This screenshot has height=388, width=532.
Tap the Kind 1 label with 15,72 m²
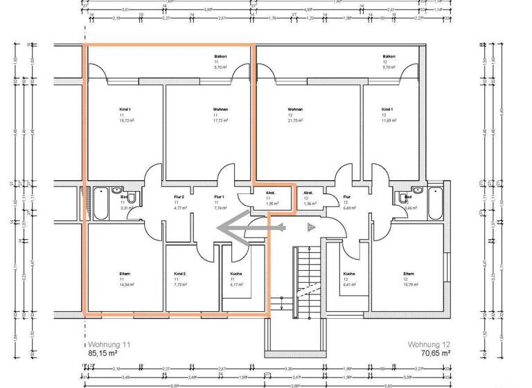click(125, 114)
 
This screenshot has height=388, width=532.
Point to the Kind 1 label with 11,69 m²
click(387, 114)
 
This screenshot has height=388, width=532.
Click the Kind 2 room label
click(181, 279)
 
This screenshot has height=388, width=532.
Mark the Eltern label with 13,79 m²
click(409, 279)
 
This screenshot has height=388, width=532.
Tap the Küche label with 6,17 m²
click(236, 279)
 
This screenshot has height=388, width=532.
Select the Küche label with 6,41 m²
click(349, 279)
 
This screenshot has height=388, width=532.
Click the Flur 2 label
click(179, 202)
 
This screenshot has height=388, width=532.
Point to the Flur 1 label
click(220, 202)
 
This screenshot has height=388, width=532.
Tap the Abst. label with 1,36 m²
click(309, 198)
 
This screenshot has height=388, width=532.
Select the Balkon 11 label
click(220, 62)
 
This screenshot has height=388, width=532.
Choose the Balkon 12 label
click(389, 62)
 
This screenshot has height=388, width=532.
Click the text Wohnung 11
click(109, 344)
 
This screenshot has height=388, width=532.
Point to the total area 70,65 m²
click(436, 353)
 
